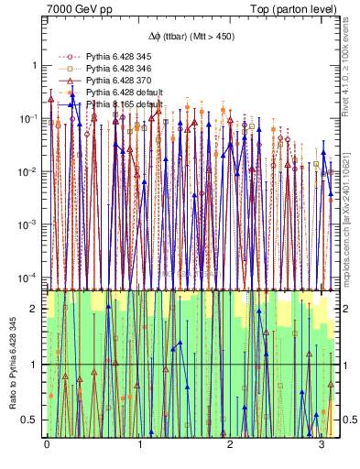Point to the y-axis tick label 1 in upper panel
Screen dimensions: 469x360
(x=35, y=67)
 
